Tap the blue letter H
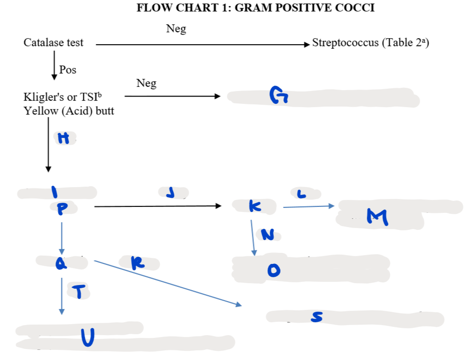[x=65, y=138]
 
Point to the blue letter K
[x=254, y=207]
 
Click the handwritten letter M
[x=378, y=217]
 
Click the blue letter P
[x=61, y=209]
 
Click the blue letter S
[x=317, y=317]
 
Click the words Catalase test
[x=53, y=43]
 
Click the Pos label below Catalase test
[x=68, y=70]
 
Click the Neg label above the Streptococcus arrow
[x=176, y=29]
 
